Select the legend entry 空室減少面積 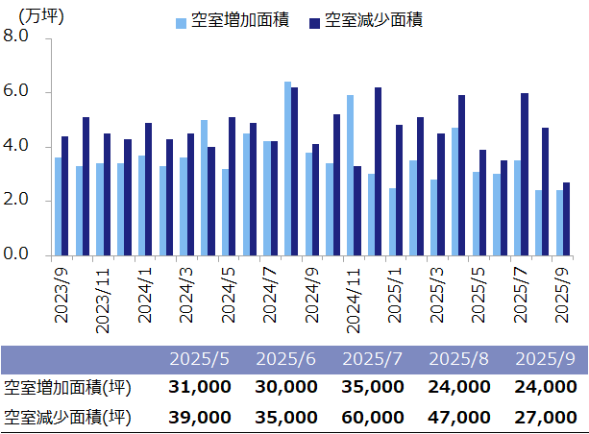[374, 20]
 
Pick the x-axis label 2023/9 [61, 292]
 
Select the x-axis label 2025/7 [520, 292]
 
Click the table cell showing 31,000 [199, 387]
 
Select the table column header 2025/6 [286, 359]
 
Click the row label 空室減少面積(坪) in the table [67, 417]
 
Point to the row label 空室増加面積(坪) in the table [67, 387]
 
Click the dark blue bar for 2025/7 [525, 174]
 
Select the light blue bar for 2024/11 [350, 175]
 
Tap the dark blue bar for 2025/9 [566, 219]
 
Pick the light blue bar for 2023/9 [58, 206]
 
